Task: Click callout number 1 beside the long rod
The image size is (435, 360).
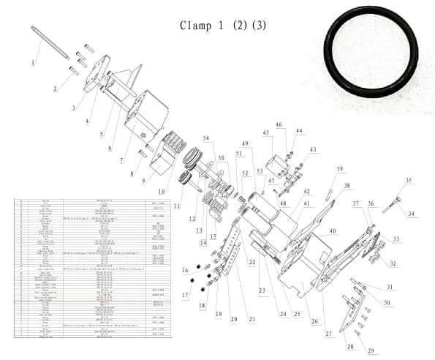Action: click(x=33, y=63)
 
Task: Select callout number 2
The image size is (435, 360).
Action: click(x=55, y=89)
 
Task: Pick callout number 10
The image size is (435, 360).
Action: click(x=162, y=192)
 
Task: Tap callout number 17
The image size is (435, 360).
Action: click(x=184, y=296)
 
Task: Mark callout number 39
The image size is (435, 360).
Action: click(x=339, y=170)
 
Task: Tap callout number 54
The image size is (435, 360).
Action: click(x=206, y=138)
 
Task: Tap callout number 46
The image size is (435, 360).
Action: click(x=279, y=125)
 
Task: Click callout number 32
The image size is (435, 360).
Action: click(x=393, y=263)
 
